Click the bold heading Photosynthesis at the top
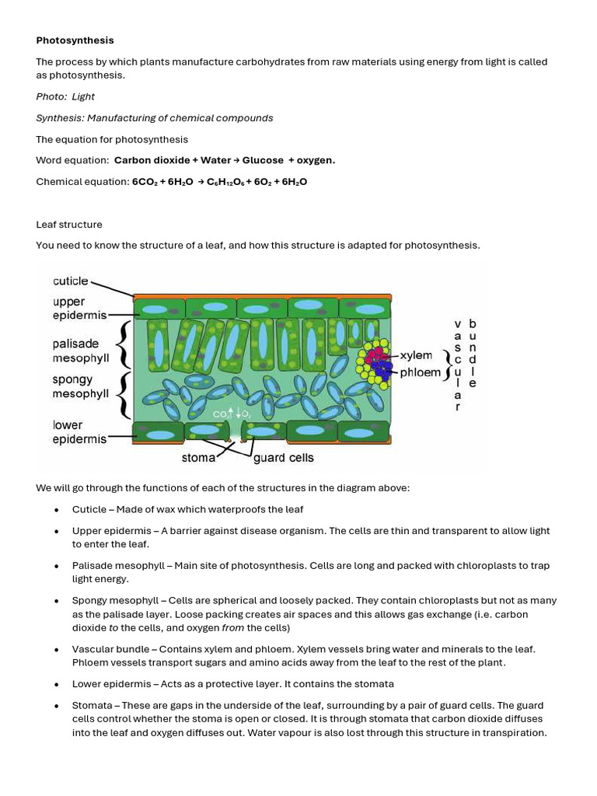coord(75,40)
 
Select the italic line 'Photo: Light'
coord(65,96)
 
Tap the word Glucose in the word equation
coord(263,160)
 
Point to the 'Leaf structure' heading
coord(69,225)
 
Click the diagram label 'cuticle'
coord(71,281)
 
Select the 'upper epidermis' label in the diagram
coord(75,309)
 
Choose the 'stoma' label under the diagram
coord(198,458)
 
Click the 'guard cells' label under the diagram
coord(284,458)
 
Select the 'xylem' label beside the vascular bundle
coord(416,355)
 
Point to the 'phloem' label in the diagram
coord(420,372)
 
